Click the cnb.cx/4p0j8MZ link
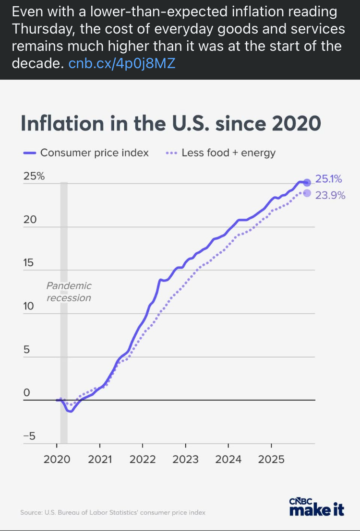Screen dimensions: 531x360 pyautogui.click(x=122, y=63)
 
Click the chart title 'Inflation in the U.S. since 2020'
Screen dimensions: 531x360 pyautogui.click(x=170, y=123)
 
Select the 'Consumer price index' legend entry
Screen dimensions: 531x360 pyautogui.click(x=94, y=153)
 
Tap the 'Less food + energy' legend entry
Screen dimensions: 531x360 pyautogui.click(x=228, y=153)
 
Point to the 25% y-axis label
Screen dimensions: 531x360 pyautogui.click(x=34, y=176)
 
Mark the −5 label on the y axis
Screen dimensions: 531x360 pyautogui.click(x=30, y=436)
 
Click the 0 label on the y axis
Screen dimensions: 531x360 pyautogui.click(x=27, y=392)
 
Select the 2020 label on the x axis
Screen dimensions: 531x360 pyautogui.click(x=57, y=459)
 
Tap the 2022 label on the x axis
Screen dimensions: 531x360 pyautogui.click(x=143, y=459)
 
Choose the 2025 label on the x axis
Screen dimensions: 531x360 pyautogui.click(x=271, y=459)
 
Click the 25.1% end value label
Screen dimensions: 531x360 pyautogui.click(x=328, y=179)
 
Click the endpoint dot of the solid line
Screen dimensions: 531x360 pyautogui.click(x=307, y=182)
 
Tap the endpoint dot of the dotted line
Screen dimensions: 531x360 pyautogui.click(x=307, y=193)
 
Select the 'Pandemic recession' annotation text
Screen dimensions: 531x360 pyautogui.click(x=69, y=292)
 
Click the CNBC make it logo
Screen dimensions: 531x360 pyautogui.click(x=317, y=507)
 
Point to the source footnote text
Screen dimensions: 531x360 pyautogui.click(x=113, y=512)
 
